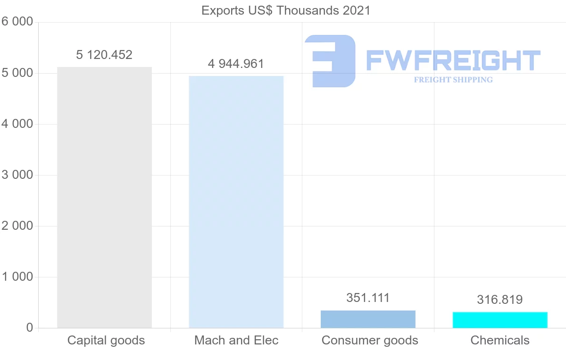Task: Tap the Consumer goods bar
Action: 368,319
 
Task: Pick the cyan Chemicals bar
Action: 500,320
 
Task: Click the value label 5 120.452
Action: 104,55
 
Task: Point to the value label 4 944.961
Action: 236,64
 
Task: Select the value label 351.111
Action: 368,298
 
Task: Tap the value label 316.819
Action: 500,300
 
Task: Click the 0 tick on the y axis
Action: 29,328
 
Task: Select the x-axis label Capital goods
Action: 106,340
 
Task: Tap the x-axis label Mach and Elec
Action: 236,340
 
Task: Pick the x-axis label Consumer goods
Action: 370,340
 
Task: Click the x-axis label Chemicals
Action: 500,340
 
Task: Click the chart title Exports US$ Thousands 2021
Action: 286,10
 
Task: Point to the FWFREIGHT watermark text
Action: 453,60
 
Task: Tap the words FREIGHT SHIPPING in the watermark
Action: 453,80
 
